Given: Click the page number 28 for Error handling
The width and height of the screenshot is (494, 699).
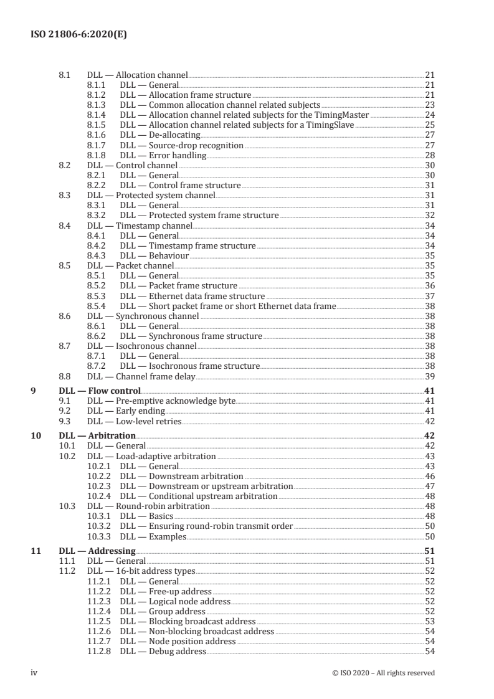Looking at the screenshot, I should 429,155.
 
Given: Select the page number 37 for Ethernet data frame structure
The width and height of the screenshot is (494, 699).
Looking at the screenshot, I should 429,296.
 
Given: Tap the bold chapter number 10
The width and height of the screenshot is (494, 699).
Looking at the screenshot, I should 36,435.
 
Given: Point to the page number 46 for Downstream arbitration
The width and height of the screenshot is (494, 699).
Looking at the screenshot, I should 429,476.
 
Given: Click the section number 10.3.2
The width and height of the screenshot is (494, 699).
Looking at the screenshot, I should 98,526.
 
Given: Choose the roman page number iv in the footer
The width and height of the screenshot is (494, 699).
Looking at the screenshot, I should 35,673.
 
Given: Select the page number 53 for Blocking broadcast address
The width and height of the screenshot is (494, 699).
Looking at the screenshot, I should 429,621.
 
